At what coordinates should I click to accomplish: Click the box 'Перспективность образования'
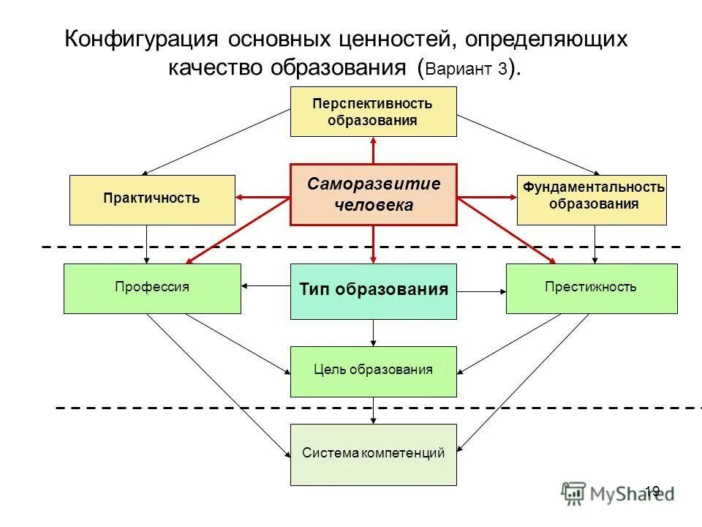point(373,111)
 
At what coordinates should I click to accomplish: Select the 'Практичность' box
point(152,199)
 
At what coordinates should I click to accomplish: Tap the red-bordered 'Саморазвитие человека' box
point(373,194)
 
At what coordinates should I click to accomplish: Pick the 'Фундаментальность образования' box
point(592,199)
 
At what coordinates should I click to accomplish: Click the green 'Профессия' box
point(152,288)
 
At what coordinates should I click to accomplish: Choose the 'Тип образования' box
point(373,291)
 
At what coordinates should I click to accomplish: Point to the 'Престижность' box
point(591,288)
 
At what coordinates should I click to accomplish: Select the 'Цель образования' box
point(373,371)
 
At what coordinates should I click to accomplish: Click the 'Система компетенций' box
point(373,454)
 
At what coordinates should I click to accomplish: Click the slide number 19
point(652,490)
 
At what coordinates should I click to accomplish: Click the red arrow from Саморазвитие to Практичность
point(263,197)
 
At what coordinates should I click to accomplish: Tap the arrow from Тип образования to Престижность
point(481,291)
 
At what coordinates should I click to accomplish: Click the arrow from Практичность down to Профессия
point(148,244)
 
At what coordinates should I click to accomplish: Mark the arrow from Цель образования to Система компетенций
point(374,410)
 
